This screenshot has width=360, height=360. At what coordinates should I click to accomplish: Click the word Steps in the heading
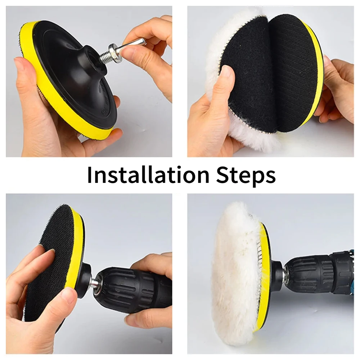[246, 175]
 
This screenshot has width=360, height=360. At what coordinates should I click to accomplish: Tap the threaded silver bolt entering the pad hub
[107, 58]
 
